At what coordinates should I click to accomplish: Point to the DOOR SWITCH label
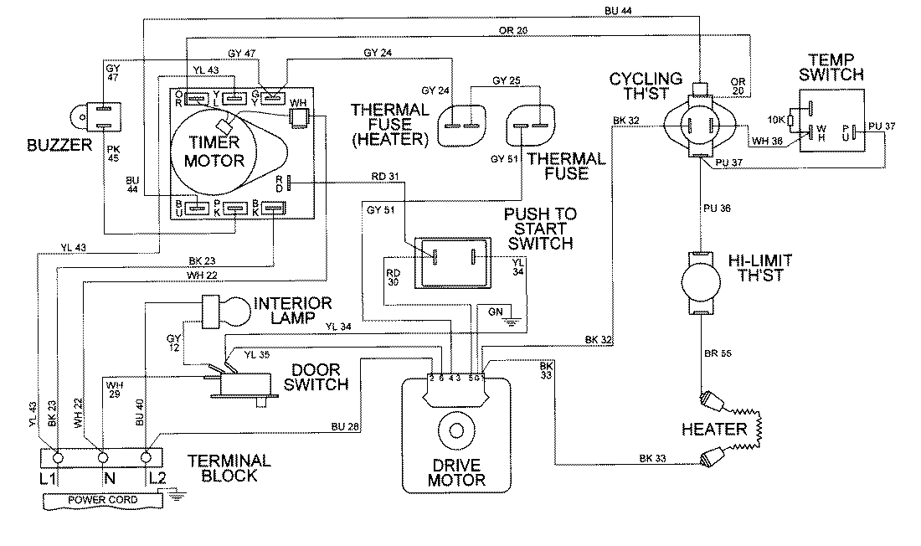point(319,377)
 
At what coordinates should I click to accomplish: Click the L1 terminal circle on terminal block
point(57,458)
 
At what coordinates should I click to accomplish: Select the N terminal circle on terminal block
point(103,458)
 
